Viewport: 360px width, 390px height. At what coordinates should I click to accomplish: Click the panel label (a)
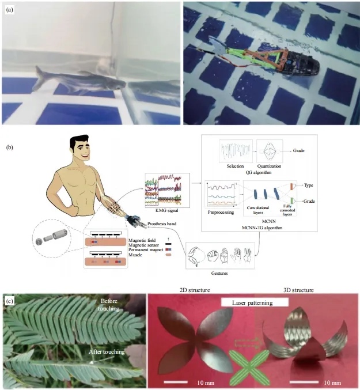(9, 10)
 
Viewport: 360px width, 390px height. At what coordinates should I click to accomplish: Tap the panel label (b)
(9, 147)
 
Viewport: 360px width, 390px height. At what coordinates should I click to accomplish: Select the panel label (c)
(9, 301)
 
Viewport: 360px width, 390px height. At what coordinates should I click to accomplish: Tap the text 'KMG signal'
(167, 211)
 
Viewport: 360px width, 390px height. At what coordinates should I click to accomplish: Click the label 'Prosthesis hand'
(162, 224)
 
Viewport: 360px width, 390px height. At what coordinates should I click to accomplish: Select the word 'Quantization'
(269, 166)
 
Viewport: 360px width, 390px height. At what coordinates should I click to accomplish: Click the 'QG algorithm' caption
(259, 172)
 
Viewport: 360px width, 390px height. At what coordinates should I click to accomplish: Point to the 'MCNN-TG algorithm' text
(262, 228)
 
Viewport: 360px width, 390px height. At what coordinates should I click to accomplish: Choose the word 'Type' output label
(309, 185)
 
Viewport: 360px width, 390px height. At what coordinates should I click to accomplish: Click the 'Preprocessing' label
(221, 213)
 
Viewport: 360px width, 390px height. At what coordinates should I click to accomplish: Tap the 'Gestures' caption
(219, 273)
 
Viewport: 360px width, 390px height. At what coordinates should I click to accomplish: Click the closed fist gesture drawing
(213, 255)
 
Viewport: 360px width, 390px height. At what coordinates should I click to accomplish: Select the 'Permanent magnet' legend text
(146, 249)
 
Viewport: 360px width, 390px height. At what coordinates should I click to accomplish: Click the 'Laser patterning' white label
(252, 302)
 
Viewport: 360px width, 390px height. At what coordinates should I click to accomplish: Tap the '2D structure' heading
(195, 290)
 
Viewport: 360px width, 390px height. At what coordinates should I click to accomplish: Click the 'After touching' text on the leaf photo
(107, 352)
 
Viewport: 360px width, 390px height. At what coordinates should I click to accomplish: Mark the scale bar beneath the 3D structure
(304, 382)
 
